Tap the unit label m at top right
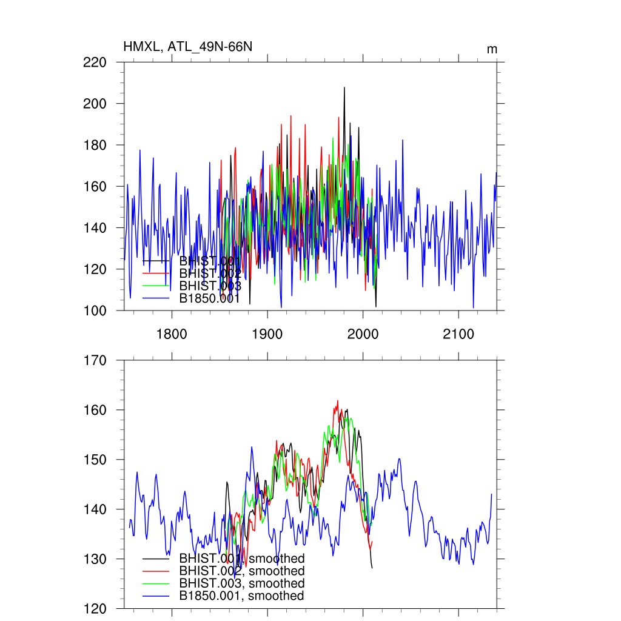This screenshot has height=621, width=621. tap(492, 49)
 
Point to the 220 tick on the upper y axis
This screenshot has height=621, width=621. tap(95, 62)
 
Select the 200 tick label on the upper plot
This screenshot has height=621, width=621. tap(95, 104)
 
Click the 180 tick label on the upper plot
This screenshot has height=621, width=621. tap(95, 145)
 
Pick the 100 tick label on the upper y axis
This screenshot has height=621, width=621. tap(95, 310)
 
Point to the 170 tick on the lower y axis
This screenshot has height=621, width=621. tap(95, 360)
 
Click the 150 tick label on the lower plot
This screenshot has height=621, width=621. tap(95, 460)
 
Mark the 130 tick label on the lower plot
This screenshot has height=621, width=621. tap(95, 559)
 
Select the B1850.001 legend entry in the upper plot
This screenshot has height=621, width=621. tap(210, 298)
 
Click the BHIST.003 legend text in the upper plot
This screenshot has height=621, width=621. tap(210, 286)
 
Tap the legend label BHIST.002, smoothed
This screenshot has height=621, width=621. tap(241, 571)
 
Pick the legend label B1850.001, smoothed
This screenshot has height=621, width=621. tap(241, 596)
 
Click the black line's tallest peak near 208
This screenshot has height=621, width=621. tap(344, 87)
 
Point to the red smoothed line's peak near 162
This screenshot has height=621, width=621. tap(338, 401)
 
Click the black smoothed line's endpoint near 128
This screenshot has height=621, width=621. tap(372, 568)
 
